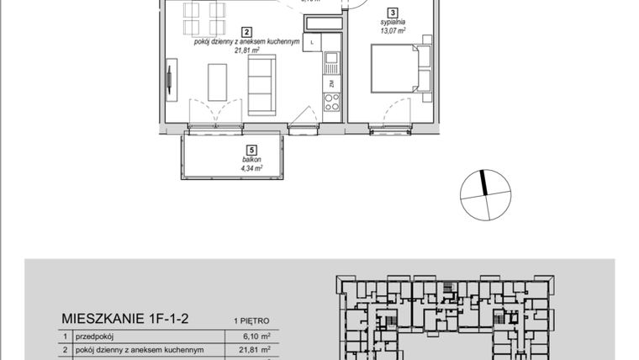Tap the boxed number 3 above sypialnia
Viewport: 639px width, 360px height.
[x=393, y=13]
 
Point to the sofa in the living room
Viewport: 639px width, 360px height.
[x=260, y=85]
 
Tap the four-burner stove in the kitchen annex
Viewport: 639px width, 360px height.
[x=332, y=103]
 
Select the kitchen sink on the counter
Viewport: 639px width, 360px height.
[x=332, y=61]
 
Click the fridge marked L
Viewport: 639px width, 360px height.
[x=314, y=41]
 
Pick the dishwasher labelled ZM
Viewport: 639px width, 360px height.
[x=332, y=82]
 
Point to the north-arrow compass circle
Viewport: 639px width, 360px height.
[x=485, y=195]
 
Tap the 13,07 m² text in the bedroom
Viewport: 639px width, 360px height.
[x=393, y=32]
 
